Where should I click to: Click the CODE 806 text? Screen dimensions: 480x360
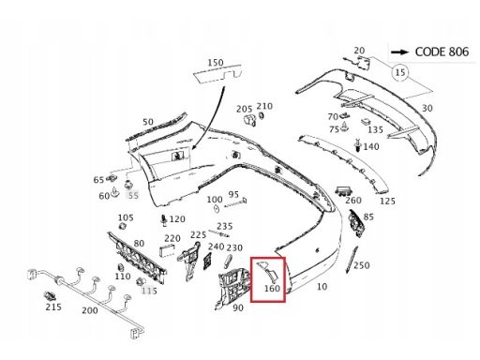click(x=442, y=52)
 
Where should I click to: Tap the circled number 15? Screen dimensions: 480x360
click(x=400, y=72)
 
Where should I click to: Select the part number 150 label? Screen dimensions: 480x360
click(x=216, y=63)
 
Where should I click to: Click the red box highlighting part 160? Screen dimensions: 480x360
click(x=268, y=258)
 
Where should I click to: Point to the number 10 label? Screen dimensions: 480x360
click(x=322, y=286)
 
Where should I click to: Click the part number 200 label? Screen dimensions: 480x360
click(x=90, y=310)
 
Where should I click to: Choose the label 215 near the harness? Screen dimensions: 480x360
click(x=53, y=307)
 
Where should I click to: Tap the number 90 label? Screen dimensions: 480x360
click(x=238, y=307)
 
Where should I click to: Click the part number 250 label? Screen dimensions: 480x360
click(x=362, y=265)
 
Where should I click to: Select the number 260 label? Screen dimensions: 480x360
click(x=353, y=200)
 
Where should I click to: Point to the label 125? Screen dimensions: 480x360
click(x=387, y=201)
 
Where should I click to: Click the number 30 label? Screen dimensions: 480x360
click(x=427, y=109)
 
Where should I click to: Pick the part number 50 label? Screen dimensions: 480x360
click(x=148, y=122)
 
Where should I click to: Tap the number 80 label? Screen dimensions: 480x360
click(x=139, y=244)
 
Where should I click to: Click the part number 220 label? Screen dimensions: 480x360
click(x=172, y=238)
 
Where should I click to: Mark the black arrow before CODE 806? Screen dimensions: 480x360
click(x=399, y=52)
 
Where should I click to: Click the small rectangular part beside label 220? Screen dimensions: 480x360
click(x=167, y=251)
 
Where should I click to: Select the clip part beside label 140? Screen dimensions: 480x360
click(x=358, y=145)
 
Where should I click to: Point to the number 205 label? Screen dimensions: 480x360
click(x=245, y=109)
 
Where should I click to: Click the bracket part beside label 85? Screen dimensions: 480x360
click(x=356, y=224)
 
